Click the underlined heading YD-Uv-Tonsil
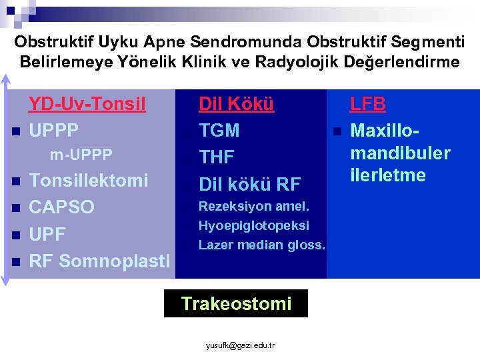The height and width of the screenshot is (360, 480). (x=87, y=105)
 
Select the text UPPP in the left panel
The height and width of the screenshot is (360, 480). (x=54, y=130)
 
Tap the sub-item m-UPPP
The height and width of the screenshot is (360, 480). (x=81, y=155)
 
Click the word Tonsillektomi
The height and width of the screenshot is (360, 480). (x=88, y=181)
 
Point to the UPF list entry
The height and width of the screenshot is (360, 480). (x=47, y=233)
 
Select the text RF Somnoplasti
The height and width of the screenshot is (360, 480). (x=99, y=261)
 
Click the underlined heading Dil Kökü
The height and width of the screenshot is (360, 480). (x=237, y=105)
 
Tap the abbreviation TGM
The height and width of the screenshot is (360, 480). (x=219, y=131)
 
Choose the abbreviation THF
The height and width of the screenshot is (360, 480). (x=217, y=157)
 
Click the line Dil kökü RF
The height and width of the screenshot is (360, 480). (x=250, y=183)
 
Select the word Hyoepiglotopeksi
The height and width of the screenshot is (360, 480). (x=253, y=226)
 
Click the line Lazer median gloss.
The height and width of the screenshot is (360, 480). (x=261, y=245)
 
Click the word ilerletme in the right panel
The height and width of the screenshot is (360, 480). (x=388, y=175)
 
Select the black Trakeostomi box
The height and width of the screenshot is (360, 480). (x=236, y=304)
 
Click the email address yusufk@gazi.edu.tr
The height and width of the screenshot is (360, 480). (x=240, y=345)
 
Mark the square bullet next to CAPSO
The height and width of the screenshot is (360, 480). (x=15, y=208)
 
